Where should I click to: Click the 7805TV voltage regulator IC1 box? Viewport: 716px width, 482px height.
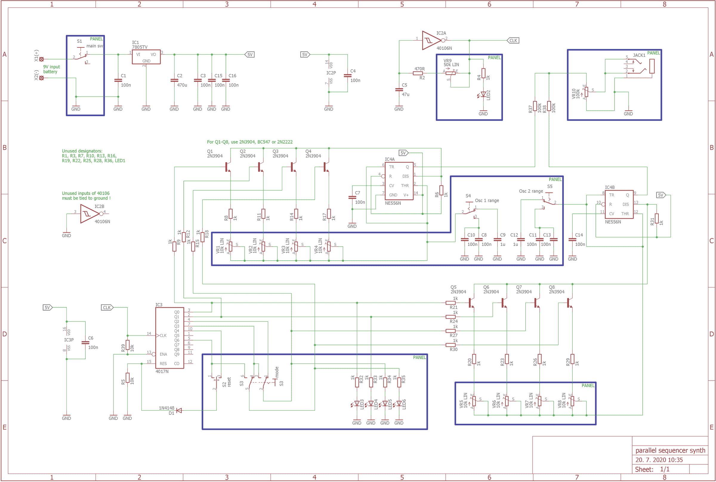[x=146, y=57]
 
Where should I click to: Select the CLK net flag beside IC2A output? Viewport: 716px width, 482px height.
[x=513, y=41]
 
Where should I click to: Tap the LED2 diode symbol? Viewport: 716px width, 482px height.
[x=483, y=94]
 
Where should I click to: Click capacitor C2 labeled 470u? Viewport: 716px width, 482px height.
[x=174, y=81]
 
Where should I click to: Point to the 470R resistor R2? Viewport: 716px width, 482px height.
[x=418, y=73]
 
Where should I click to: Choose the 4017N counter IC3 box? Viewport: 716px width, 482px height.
[x=170, y=338]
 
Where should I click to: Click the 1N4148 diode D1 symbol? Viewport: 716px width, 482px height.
[x=179, y=411]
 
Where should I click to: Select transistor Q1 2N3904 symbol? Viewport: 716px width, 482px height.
[x=227, y=167]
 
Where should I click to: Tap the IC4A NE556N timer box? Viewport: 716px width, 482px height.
[x=399, y=181]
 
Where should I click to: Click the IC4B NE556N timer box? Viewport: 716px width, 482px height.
[x=619, y=204]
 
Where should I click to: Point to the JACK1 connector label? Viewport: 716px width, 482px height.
[x=639, y=55]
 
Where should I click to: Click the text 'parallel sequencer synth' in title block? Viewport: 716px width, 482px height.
[x=670, y=451]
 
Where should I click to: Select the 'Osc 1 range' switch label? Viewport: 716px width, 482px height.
[x=487, y=201]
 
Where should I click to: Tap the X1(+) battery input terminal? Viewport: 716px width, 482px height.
[x=41, y=59]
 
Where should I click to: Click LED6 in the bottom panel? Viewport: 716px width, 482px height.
[x=399, y=404]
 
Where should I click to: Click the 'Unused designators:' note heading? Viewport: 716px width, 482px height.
[x=82, y=151]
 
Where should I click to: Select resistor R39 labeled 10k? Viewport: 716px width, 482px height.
[x=127, y=345]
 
